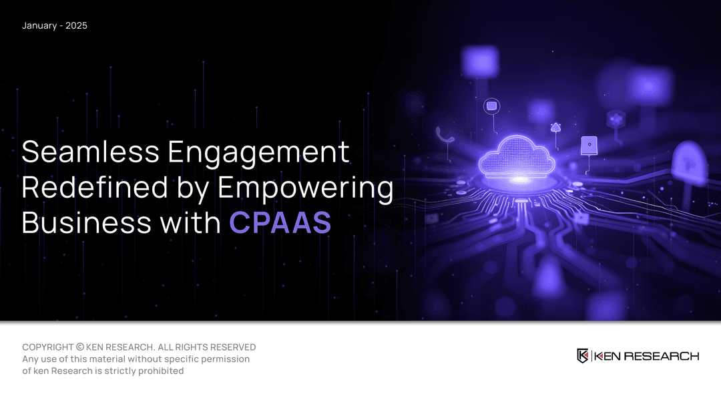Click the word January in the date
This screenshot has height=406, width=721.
pos(39,26)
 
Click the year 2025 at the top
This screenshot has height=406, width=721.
pos(76,26)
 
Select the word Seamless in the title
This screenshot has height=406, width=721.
pos(91,152)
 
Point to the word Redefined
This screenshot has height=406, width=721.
pos(95,187)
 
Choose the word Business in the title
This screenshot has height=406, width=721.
pos(86,222)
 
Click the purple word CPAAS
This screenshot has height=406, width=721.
pos(280,223)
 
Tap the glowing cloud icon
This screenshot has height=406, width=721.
pos(517,157)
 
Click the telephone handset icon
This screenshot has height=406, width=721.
pos(444,135)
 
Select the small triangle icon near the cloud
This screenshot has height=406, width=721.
pos(556,128)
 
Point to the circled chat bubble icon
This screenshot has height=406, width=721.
pos(491,106)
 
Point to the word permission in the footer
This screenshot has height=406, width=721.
pos(227,359)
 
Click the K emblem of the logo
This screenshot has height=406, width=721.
pos(583,356)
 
